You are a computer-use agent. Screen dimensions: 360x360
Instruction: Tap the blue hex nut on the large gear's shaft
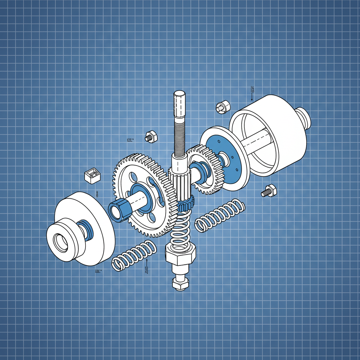pyautogui.click(x=119, y=210)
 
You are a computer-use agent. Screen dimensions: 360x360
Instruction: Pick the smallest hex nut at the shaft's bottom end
pyautogui.click(x=180, y=283)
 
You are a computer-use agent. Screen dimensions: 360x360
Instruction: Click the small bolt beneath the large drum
pyautogui.click(x=269, y=191)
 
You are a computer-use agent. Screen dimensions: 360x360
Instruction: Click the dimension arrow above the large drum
pyautogui.click(x=252, y=92)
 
